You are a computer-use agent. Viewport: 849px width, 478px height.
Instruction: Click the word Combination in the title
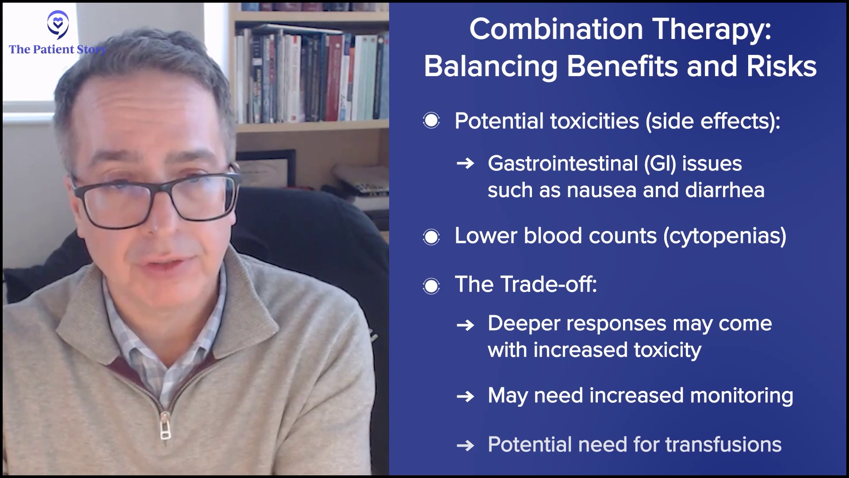[x=556, y=29]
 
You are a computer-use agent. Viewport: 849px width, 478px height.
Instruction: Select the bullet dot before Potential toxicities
[x=431, y=120]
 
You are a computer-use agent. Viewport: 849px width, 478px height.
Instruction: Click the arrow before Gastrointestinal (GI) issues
[x=465, y=164]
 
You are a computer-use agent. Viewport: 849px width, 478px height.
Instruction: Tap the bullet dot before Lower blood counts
[x=431, y=237]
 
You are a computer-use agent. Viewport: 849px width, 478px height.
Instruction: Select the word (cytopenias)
[x=725, y=236]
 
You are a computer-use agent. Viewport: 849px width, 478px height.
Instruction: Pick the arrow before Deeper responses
[x=465, y=325]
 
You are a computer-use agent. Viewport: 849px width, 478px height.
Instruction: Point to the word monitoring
[x=742, y=396]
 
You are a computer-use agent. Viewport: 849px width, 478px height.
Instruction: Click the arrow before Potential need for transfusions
[x=465, y=445]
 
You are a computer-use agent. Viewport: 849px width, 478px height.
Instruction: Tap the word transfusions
[x=723, y=444]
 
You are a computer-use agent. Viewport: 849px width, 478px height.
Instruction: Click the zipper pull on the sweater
[x=165, y=426]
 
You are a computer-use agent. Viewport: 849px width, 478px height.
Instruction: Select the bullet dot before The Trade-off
[x=431, y=285]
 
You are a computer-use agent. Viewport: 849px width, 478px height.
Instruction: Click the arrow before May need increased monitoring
[x=465, y=396]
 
